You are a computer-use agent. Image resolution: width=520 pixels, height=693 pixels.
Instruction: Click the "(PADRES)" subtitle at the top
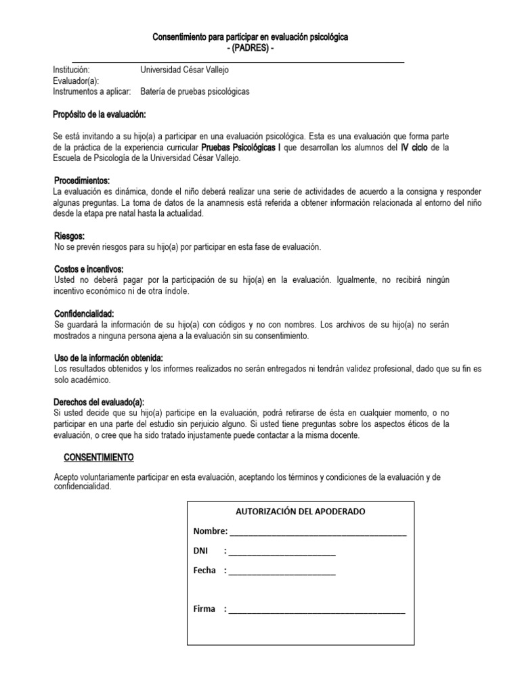(251, 49)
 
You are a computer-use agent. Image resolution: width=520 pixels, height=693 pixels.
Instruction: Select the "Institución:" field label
(71, 70)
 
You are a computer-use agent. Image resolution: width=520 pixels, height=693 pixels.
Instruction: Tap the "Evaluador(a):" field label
(76, 81)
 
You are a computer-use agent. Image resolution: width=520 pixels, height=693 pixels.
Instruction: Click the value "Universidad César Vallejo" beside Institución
(189, 70)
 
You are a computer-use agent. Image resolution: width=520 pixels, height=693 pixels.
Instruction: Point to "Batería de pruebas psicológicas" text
(195, 91)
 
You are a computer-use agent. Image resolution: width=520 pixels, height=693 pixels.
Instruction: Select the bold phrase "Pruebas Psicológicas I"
(240, 147)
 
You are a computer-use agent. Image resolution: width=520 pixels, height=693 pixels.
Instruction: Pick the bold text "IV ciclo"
(414, 147)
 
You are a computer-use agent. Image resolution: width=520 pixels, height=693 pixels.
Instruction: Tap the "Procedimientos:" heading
(81, 181)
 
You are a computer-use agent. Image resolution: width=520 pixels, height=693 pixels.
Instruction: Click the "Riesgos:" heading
(69, 236)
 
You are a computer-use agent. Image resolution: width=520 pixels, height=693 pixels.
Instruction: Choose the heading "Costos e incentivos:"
(89, 269)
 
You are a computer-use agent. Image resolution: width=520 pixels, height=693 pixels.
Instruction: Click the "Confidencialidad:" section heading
(84, 314)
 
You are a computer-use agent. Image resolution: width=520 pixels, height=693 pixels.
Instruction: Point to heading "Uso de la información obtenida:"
(108, 357)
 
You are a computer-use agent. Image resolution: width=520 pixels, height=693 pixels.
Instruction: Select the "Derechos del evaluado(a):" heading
(99, 401)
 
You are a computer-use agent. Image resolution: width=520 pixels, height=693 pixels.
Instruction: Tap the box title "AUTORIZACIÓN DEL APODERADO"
(300, 512)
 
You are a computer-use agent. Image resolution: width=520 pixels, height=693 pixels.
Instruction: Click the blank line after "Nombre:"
(318, 533)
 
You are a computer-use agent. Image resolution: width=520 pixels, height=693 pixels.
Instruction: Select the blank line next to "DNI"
(282, 552)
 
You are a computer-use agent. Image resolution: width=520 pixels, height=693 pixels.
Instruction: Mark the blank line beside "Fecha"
(282, 572)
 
